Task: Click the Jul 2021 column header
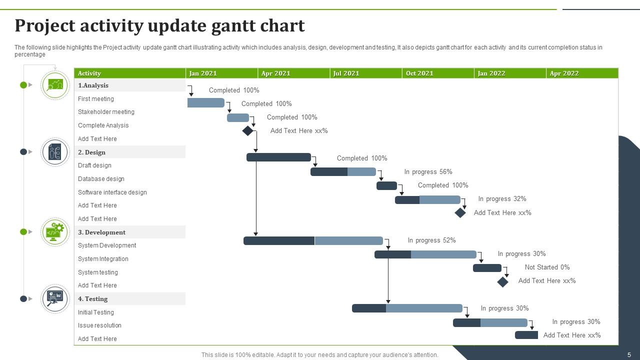click(x=346, y=73)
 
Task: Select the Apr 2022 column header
click(x=564, y=73)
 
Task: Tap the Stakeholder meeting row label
click(x=106, y=112)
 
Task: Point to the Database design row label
click(x=101, y=179)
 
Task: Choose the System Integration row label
click(x=103, y=259)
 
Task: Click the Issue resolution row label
click(x=99, y=325)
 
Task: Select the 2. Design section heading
click(x=91, y=152)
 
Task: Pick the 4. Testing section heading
click(x=93, y=299)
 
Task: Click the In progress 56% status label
click(x=428, y=172)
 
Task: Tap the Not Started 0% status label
click(x=547, y=267)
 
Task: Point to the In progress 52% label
click(x=431, y=240)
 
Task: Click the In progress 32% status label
click(x=502, y=199)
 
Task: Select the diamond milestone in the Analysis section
click(x=247, y=131)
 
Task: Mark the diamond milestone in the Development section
click(x=502, y=282)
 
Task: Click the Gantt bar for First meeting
click(x=205, y=103)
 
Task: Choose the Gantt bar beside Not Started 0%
click(x=487, y=268)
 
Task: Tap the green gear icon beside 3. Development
click(x=55, y=232)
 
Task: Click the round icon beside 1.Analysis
click(x=55, y=85)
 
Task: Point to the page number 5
click(x=629, y=355)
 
